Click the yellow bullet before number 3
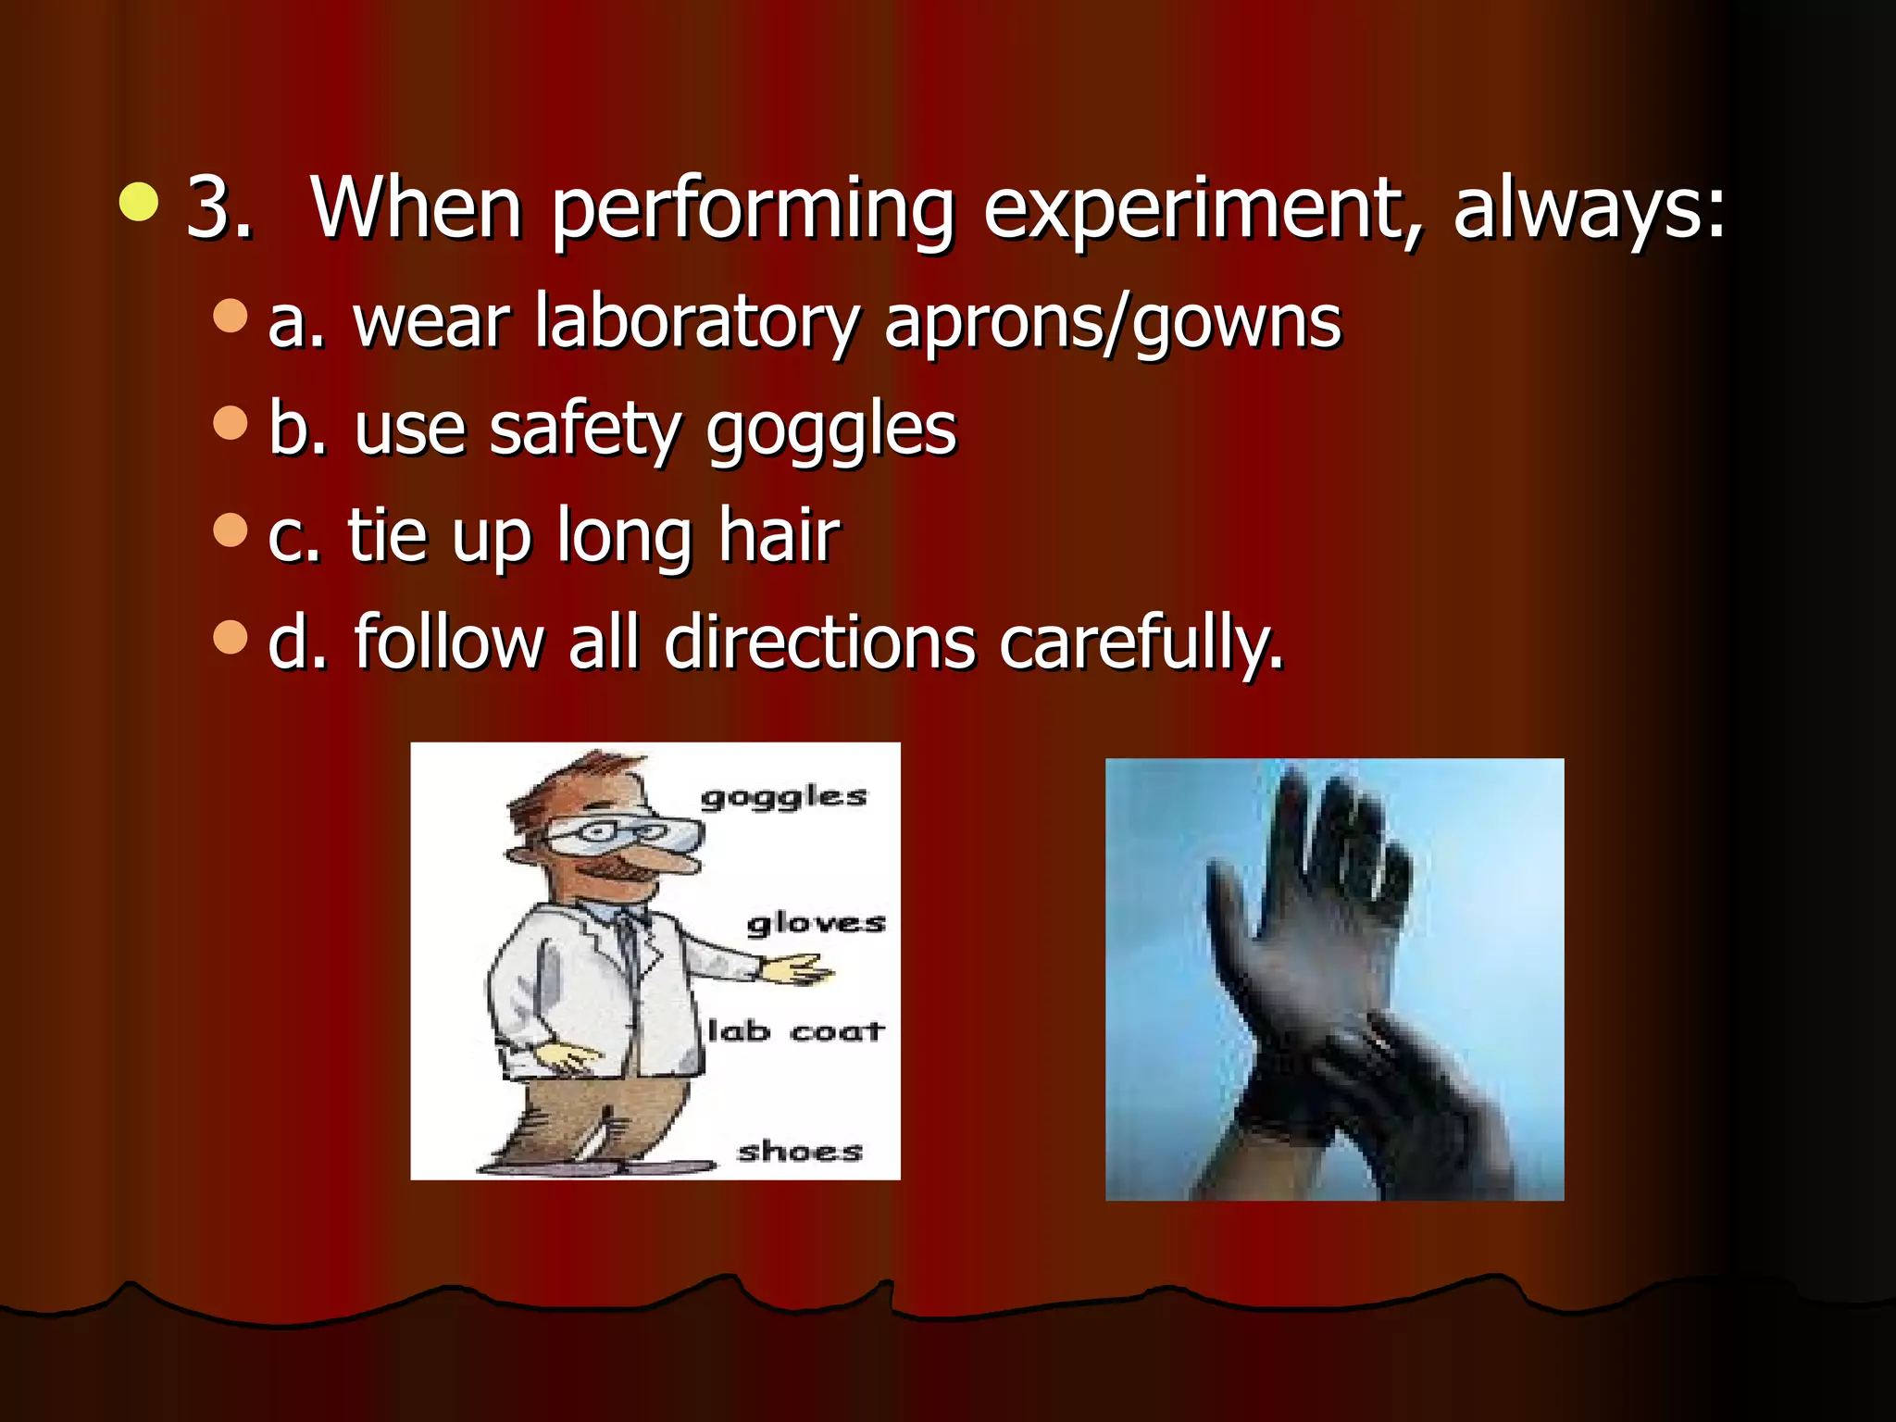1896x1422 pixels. point(139,202)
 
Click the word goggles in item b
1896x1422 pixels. point(830,431)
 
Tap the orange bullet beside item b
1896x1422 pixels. point(231,423)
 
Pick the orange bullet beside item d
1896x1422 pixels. point(231,636)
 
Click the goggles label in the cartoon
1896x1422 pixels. point(783,796)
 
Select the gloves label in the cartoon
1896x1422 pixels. point(816,923)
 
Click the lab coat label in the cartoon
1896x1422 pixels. point(795,1030)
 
